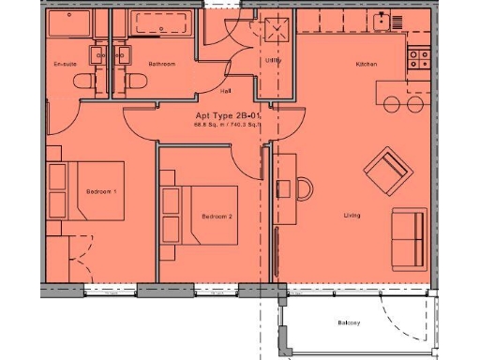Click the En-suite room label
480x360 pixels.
point(63,64)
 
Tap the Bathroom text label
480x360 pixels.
point(161,64)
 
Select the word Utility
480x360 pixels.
point(273,60)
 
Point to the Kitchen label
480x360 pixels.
point(366,64)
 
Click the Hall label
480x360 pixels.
point(226,92)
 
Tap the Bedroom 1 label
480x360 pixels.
point(101,191)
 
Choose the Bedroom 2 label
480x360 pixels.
point(217,217)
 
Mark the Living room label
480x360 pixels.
point(352,217)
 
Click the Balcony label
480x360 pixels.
point(351,323)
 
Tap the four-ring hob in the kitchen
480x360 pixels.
point(419,59)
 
